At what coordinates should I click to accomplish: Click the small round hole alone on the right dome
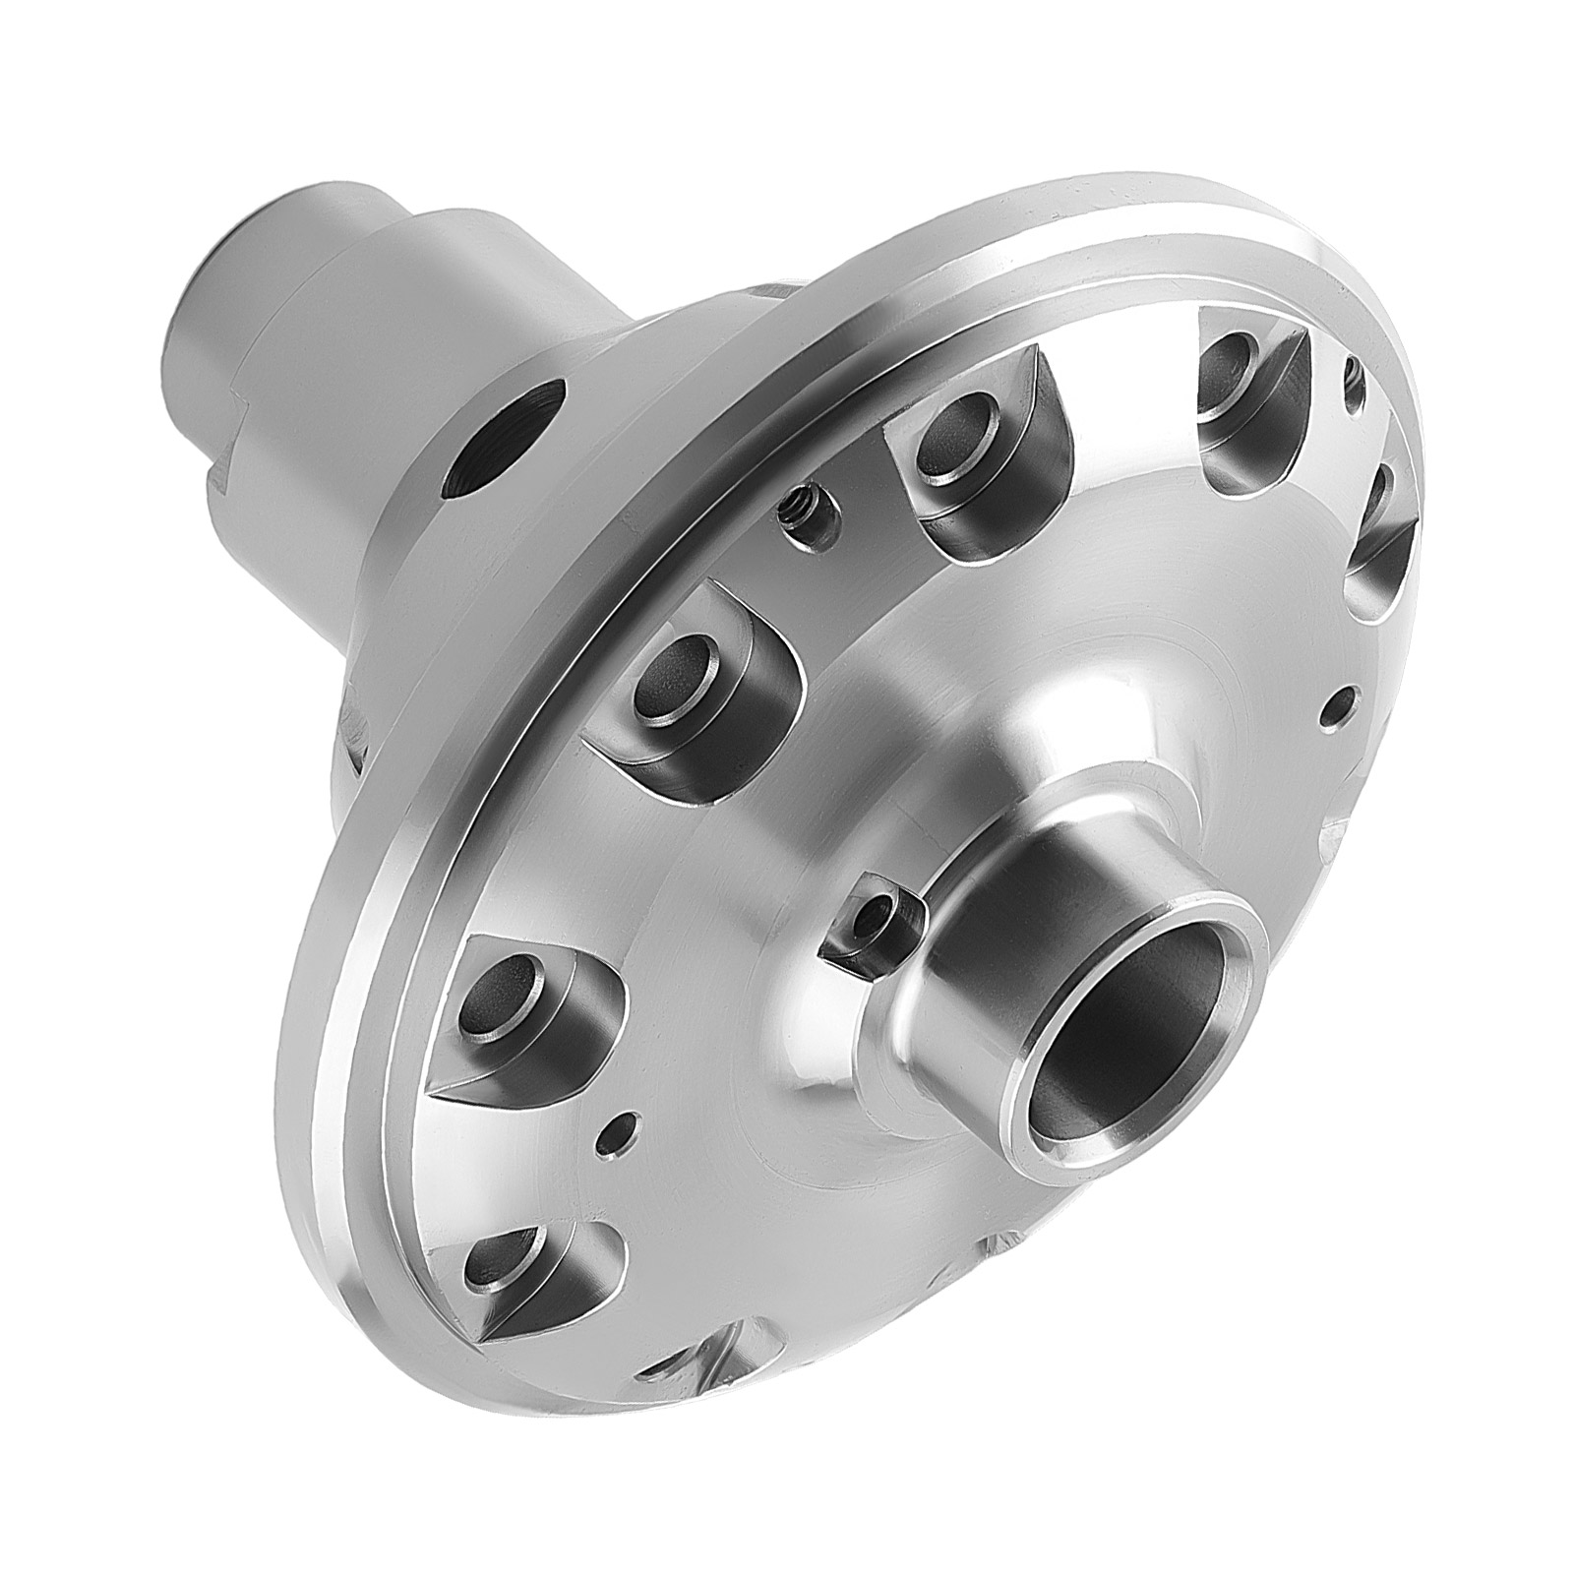tap(1339, 703)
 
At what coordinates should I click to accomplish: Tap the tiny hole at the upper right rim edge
tap(1353, 371)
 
